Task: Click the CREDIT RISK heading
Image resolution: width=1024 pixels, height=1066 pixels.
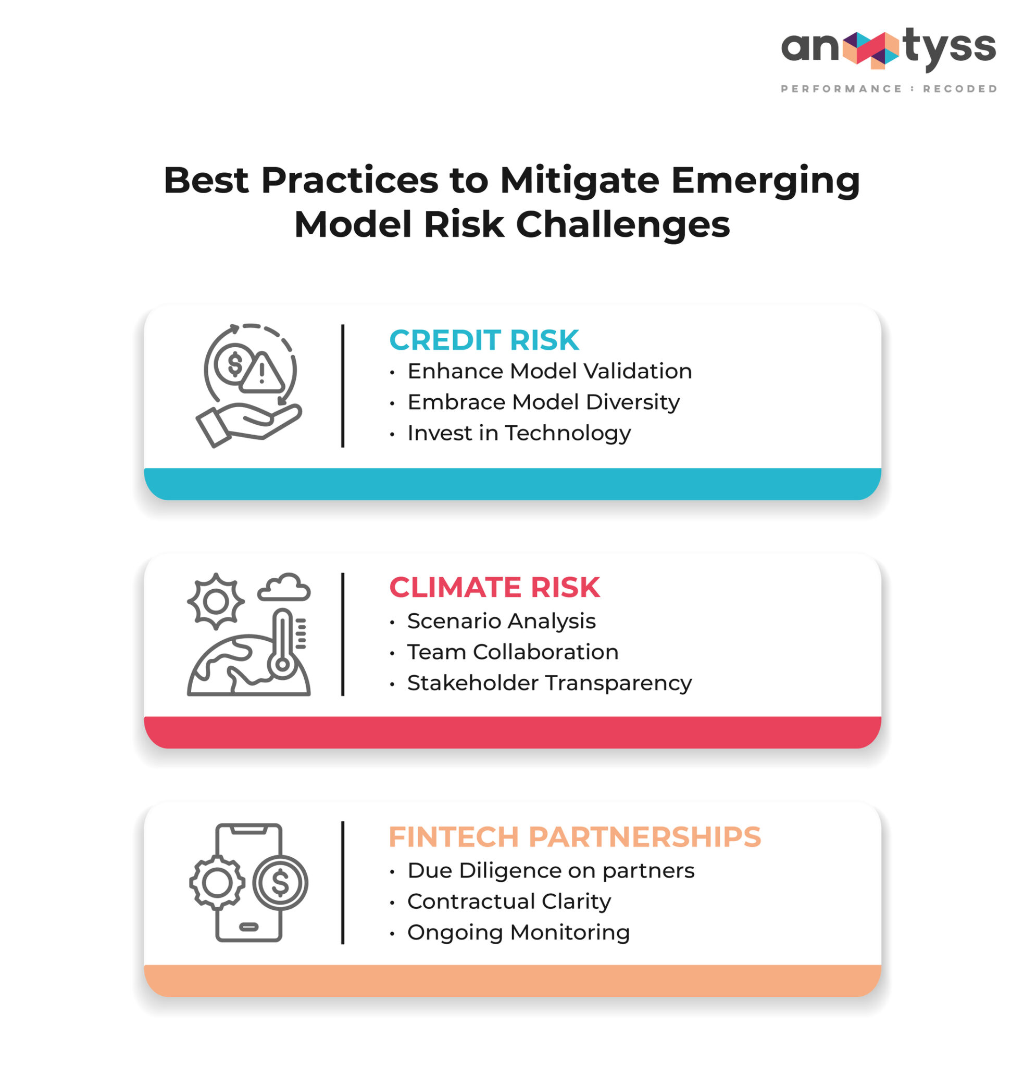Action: pos(484,340)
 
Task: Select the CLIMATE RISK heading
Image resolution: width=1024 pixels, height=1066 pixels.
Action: pos(494,588)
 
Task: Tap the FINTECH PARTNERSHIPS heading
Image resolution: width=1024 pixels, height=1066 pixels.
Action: pos(574,837)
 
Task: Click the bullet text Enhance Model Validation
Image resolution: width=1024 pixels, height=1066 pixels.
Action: pos(550,372)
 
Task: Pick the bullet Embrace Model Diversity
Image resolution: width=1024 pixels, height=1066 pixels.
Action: pos(543,402)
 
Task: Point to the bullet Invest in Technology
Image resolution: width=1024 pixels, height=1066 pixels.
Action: pos(519,434)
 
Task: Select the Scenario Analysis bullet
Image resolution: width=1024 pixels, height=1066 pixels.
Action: pos(501,621)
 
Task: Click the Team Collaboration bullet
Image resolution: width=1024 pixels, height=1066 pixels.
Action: pos(513,652)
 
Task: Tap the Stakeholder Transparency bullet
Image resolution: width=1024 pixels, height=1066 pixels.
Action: pos(549,683)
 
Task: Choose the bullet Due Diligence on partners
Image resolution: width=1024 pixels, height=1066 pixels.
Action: pos(551,871)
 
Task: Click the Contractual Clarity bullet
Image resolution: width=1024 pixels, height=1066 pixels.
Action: pos(509,902)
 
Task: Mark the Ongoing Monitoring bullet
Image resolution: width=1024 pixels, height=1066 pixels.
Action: pos(518,933)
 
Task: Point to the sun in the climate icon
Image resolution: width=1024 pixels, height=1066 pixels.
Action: pos(216,602)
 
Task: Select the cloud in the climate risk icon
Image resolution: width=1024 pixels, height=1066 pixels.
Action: pos(284,589)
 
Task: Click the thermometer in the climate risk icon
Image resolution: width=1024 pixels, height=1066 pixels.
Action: pos(282,644)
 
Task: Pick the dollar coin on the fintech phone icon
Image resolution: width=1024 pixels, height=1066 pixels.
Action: pos(280,883)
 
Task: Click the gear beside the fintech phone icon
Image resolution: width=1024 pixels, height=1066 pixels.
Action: pos(217,883)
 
